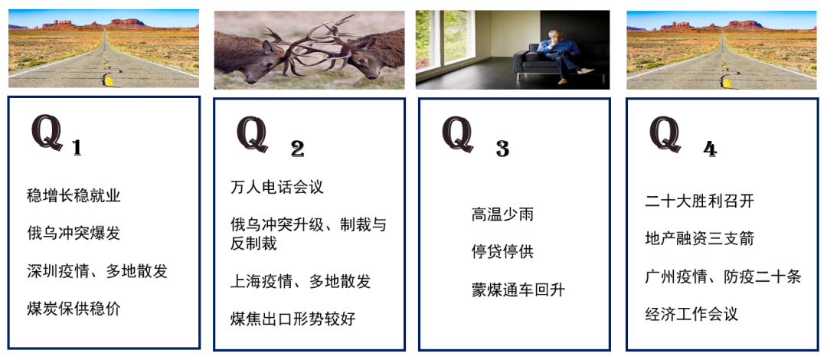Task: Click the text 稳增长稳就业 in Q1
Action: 74,196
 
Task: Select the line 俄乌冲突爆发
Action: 74,233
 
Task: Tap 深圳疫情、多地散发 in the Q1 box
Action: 97,271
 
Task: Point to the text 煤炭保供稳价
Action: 74,308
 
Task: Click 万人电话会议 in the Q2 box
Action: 277,187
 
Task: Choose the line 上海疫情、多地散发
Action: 301,281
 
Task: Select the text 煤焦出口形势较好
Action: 293,319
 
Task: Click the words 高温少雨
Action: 502,214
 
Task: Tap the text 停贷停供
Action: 502,251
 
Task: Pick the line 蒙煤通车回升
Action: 518,290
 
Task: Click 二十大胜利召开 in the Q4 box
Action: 700,201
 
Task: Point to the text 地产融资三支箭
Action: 700,238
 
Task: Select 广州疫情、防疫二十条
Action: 723,277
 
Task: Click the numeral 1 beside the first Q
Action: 77,149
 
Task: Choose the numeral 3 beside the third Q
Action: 502,150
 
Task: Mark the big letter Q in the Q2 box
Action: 252,133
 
